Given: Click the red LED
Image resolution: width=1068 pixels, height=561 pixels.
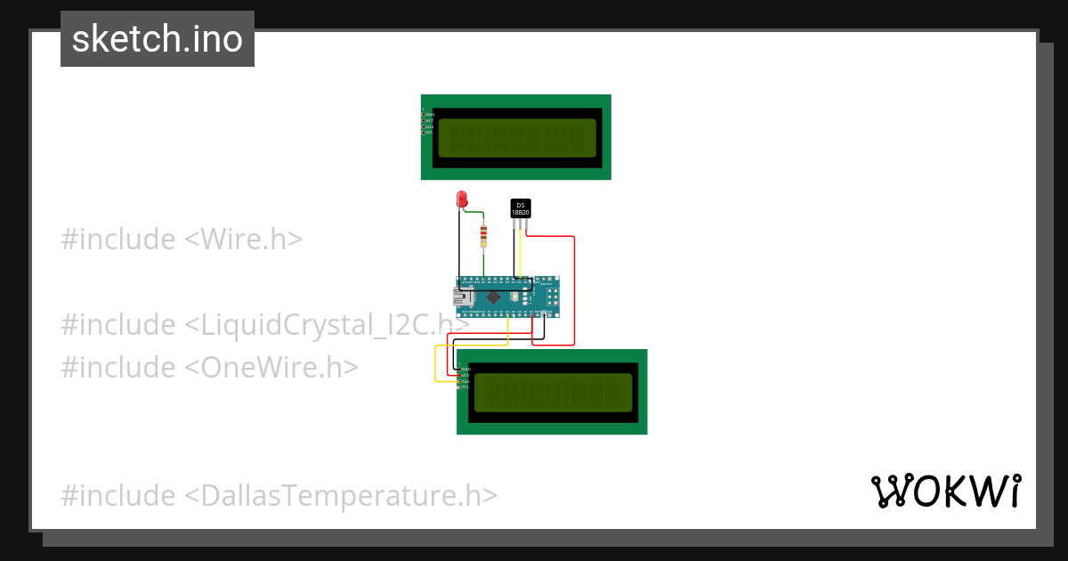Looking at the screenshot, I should coord(461,199).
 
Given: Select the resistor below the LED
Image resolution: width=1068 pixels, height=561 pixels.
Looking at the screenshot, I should coord(483,237).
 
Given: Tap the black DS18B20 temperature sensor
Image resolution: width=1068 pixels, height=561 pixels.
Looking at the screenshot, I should coord(521,207).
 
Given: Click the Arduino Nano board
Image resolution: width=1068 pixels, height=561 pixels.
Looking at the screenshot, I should coord(508,297).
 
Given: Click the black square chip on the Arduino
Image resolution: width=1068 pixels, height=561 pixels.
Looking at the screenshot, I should coord(493,297).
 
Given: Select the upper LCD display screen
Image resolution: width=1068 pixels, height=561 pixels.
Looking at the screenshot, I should coord(517,138).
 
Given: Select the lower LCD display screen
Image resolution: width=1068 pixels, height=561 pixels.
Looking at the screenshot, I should coord(553,393).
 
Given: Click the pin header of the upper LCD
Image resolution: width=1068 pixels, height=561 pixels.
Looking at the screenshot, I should coord(424,123).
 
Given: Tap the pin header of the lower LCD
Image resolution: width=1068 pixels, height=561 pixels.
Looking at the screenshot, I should coord(459,378).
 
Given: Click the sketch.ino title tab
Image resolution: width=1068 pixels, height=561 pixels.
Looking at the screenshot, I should coord(158,39).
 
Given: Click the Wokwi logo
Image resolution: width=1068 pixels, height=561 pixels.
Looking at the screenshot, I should coord(945,492).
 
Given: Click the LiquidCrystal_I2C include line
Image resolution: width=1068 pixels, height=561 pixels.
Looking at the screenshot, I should coord(264,325).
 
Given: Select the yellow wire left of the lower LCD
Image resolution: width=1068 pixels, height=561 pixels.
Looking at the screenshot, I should coord(435,365).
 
